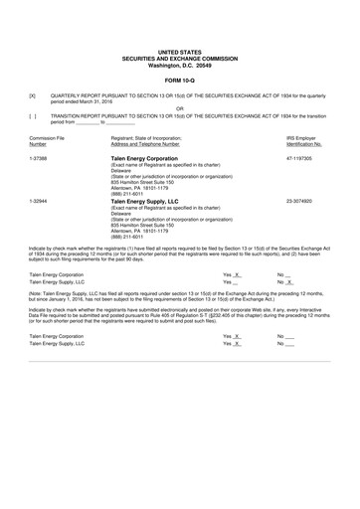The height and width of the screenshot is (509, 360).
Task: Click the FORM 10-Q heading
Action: [180, 81]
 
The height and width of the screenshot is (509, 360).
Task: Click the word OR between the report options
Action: [180, 107]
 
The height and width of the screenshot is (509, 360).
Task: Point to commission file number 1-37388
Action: [39, 158]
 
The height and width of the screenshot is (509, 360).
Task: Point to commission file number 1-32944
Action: [39, 201]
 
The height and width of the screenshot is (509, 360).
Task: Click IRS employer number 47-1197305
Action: [300, 158]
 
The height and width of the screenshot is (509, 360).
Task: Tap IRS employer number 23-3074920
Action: [300, 201]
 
